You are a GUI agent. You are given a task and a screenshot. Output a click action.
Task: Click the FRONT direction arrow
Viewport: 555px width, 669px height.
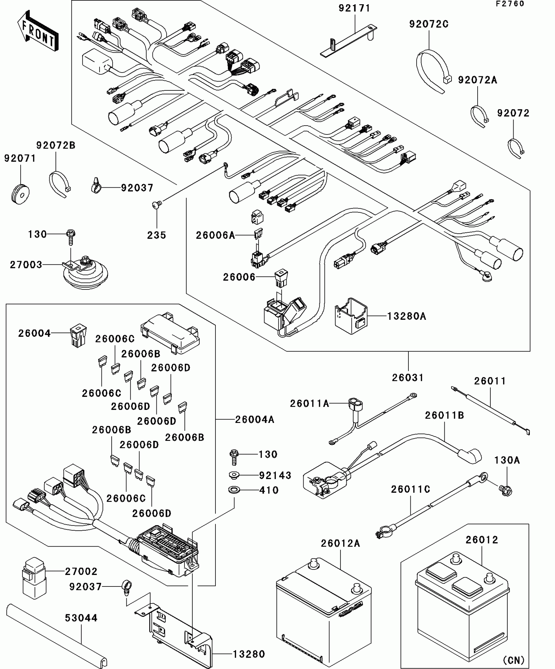pos(38,31)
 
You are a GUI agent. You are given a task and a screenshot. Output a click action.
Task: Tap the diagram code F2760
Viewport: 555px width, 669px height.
pos(510,4)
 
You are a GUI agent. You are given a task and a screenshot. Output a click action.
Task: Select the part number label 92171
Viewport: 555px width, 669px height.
pos(355,8)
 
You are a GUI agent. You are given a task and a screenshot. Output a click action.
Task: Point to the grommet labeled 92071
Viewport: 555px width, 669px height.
pos(20,195)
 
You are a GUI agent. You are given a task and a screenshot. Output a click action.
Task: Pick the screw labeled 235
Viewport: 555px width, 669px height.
pos(156,205)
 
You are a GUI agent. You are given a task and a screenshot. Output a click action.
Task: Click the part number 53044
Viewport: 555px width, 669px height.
pos(81,618)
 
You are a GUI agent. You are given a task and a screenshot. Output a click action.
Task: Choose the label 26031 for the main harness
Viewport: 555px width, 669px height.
pos(408,378)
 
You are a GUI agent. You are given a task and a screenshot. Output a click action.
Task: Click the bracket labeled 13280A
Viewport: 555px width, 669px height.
pos(351,316)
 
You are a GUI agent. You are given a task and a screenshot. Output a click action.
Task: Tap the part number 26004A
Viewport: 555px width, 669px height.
pos(255,419)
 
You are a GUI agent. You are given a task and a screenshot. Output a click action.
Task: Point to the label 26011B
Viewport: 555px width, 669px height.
pos(444,415)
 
